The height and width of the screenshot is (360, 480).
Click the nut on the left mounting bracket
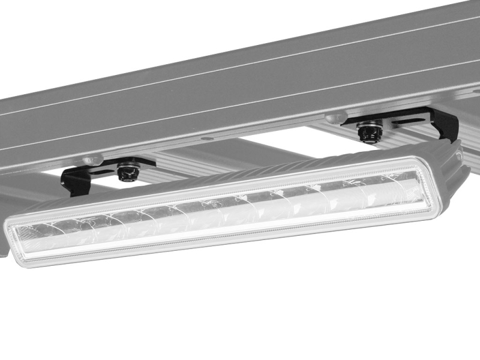click(127, 172)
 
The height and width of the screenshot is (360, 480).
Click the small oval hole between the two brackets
click(207, 138)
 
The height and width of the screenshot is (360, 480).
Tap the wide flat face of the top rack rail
click(240, 78)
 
